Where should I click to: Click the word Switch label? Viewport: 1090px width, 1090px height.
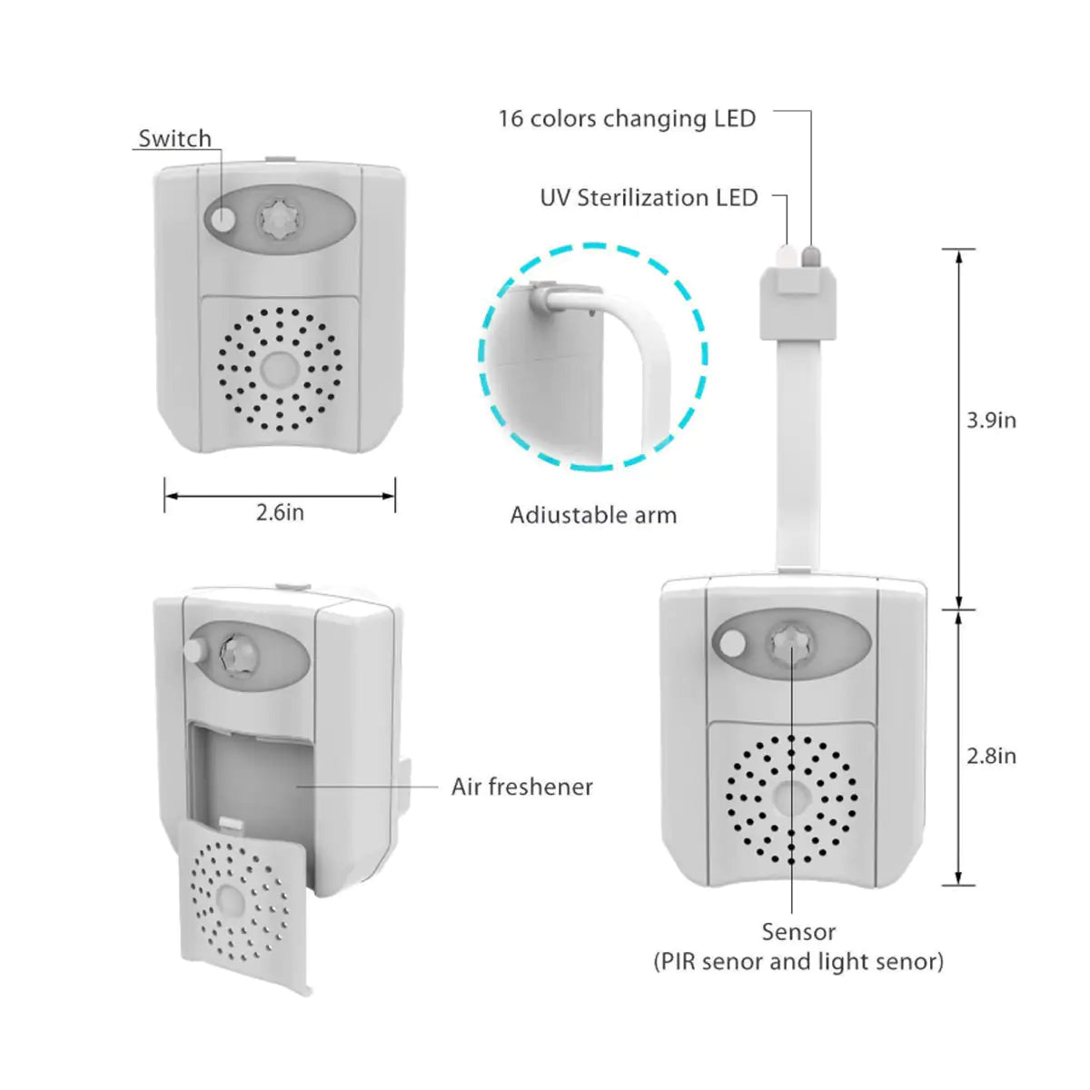point(174,139)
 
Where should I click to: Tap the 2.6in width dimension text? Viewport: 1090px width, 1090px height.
point(280,512)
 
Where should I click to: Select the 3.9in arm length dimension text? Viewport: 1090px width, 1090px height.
point(991,420)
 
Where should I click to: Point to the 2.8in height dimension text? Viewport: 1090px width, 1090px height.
point(991,756)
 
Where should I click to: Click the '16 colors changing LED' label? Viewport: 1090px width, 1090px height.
point(627,119)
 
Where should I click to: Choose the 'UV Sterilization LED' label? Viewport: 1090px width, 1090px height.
point(649,198)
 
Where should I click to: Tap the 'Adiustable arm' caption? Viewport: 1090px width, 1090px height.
point(593,515)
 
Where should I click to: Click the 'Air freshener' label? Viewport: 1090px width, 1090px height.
point(521,787)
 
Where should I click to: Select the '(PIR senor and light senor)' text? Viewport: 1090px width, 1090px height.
point(798,961)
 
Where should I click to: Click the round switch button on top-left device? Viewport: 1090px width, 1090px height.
point(222,218)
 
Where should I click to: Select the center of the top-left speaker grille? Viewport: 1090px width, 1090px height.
point(280,369)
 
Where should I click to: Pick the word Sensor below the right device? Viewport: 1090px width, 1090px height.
point(798,932)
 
